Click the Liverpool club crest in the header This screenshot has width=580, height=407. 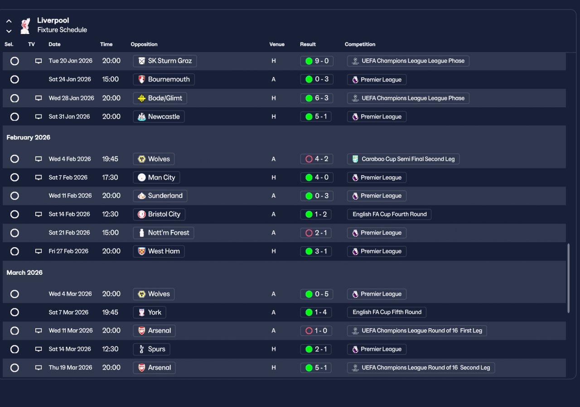[x=25, y=26]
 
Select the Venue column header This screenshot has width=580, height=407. [x=277, y=44]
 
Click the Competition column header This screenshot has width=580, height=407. [x=360, y=44]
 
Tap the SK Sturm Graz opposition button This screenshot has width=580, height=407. [x=164, y=61]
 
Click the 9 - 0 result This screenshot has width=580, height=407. [x=317, y=61]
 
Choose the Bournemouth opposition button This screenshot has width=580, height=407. [x=164, y=79]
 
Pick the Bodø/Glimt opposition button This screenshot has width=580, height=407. [x=160, y=98]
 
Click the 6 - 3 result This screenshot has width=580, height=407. [x=316, y=98]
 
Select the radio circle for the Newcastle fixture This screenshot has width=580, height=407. [x=14, y=117]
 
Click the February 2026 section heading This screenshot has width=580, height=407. [x=28, y=137]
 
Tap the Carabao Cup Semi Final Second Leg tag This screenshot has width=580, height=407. [x=403, y=159]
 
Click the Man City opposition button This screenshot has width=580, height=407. [x=156, y=177]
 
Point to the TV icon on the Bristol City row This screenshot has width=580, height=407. [x=39, y=214]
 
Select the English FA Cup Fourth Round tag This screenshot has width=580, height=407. [x=389, y=214]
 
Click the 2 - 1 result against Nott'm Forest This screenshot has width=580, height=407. [x=316, y=233]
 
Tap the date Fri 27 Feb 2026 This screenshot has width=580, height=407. [x=68, y=251]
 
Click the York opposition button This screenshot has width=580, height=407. [x=150, y=312]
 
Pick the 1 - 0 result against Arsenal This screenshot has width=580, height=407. [x=316, y=330]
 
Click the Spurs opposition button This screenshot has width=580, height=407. [x=151, y=349]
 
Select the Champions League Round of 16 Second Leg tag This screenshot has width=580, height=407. [x=421, y=368]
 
